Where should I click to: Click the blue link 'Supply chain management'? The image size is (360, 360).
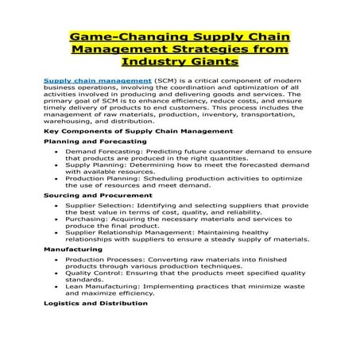pos(97,81)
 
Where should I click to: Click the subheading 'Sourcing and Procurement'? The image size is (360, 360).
pos(87,195)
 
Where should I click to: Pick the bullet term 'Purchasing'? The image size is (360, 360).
pos(83,219)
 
